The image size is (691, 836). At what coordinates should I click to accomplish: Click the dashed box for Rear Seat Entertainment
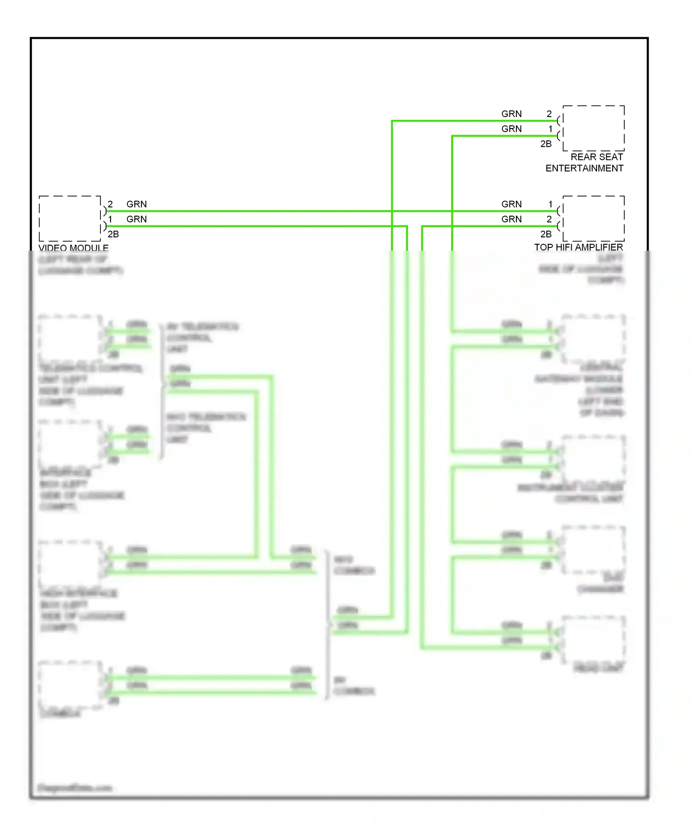click(x=593, y=128)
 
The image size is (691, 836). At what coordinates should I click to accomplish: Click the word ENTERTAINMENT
click(x=584, y=168)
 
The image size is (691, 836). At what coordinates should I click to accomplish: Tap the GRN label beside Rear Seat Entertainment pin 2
click(x=511, y=114)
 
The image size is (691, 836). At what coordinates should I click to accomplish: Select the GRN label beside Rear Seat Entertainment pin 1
click(x=511, y=129)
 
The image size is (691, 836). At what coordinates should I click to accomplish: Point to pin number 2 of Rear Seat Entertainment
click(x=549, y=114)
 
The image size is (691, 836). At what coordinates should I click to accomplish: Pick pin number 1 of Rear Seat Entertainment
click(x=550, y=129)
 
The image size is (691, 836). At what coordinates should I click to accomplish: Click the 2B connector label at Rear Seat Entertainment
click(x=546, y=144)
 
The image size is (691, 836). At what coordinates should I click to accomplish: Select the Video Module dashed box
click(x=70, y=218)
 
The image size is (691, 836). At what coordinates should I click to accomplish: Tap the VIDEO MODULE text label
click(x=73, y=247)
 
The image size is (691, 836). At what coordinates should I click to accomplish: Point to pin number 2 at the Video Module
click(x=111, y=204)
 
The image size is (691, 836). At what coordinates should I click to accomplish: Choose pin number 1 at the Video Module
click(x=111, y=219)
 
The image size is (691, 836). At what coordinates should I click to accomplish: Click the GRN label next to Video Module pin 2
click(x=137, y=204)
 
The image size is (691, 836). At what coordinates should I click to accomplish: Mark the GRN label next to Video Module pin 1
click(x=137, y=219)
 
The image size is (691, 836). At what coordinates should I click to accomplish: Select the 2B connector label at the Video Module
click(x=113, y=234)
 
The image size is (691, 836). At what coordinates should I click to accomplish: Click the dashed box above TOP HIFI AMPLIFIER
click(x=593, y=218)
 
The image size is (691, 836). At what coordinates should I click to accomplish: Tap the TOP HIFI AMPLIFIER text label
click(x=579, y=247)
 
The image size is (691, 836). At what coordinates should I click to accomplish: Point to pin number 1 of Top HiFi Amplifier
click(x=550, y=204)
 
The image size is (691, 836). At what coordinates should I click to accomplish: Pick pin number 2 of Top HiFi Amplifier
click(x=549, y=219)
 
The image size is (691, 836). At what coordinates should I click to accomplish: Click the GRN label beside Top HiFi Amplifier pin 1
click(x=511, y=204)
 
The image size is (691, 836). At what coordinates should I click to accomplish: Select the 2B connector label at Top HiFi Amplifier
click(x=546, y=234)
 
